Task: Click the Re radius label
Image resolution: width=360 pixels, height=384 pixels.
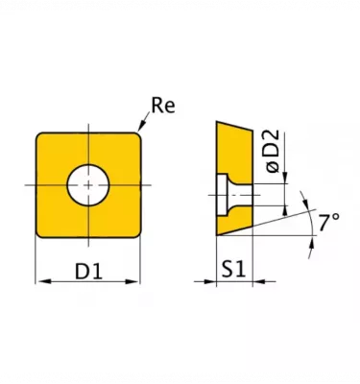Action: [x=163, y=106]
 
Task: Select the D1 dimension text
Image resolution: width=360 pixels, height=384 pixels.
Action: [x=88, y=272]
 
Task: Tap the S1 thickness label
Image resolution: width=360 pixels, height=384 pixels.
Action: [x=233, y=272]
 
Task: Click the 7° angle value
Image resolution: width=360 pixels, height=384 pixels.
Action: [x=329, y=223]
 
